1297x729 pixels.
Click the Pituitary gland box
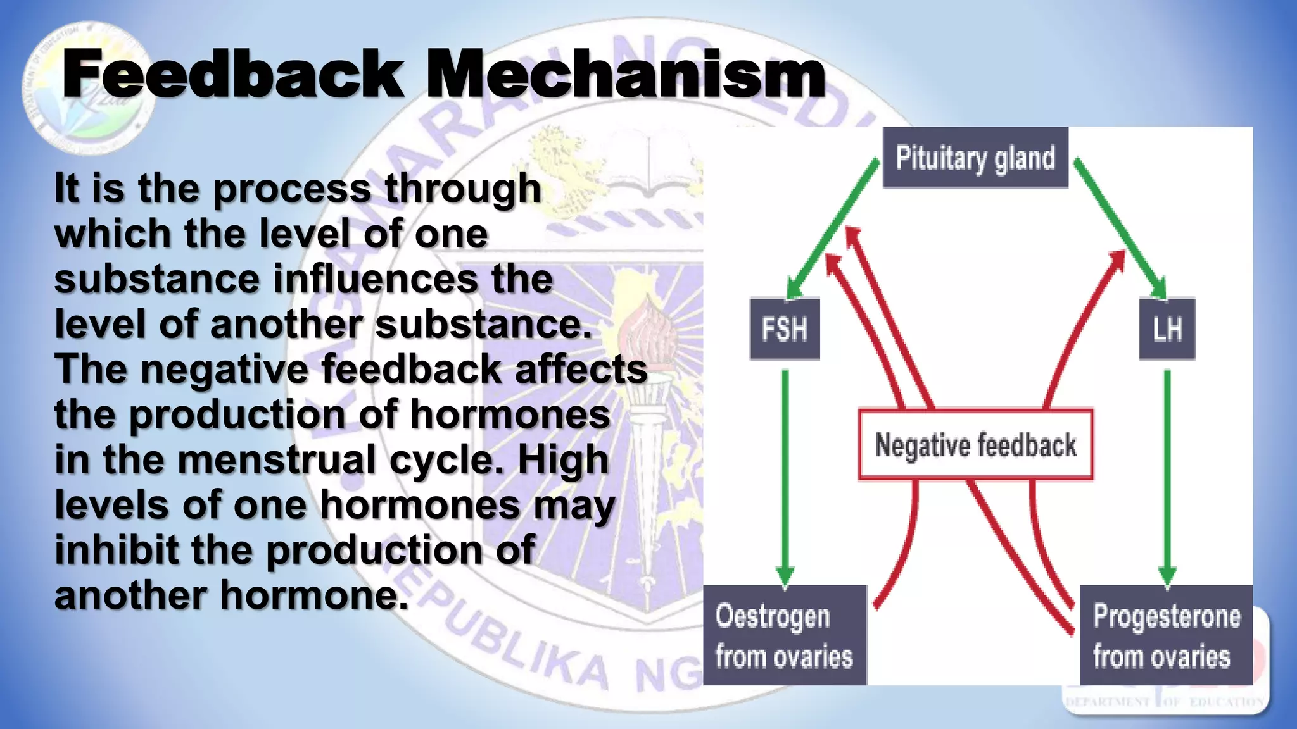[x=975, y=158]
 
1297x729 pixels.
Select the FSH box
[x=785, y=329]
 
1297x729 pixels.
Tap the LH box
[x=1167, y=329]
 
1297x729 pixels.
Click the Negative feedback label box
[x=975, y=445]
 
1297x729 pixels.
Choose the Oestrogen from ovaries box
[x=785, y=635]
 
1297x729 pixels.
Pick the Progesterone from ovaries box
[x=1166, y=635]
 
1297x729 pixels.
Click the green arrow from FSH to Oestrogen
[x=785, y=475]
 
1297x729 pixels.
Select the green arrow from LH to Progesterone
[x=1167, y=475]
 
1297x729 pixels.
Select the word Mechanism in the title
[x=626, y=75]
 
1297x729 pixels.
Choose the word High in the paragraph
[x=563, y=459]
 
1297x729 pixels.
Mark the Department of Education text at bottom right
[x=1165, y=702]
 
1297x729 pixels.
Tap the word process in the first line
[x=292, y=189]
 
